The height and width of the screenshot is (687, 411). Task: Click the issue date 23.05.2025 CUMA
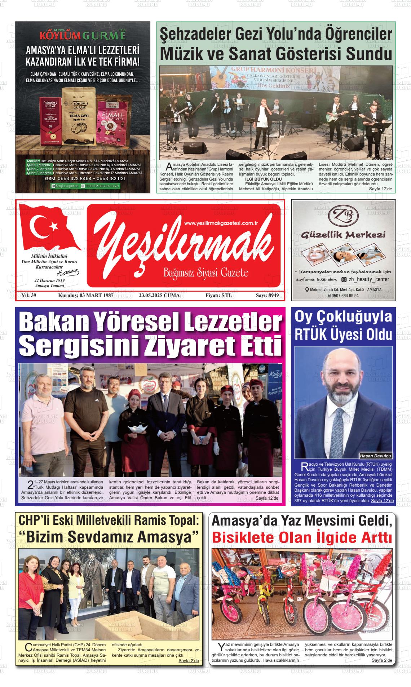point(159,296)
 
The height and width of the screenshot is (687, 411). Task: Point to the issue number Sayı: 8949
point(267,296)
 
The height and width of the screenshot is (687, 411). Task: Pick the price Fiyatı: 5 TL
point(218,296)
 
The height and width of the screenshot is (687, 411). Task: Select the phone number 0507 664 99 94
point(343,296)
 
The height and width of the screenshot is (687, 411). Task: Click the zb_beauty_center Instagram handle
point(368,279)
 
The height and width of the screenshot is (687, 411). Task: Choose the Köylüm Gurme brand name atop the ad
point(83,36)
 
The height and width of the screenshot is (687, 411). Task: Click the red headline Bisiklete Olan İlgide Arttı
point(302,538)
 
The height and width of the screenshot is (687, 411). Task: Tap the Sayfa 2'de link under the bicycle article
point(381,660)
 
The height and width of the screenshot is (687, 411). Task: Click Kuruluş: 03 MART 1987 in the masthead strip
point(86,296)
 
